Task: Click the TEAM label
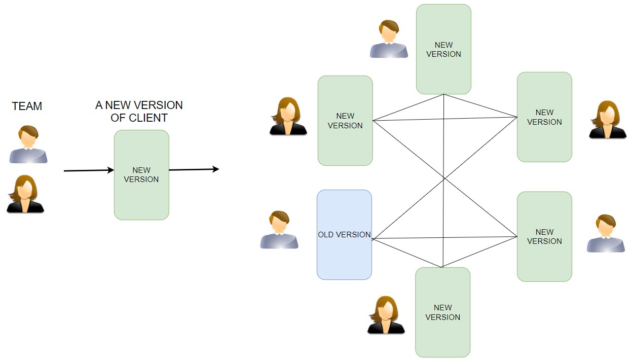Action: pos(27,106)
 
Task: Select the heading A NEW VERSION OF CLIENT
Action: pos(139,111)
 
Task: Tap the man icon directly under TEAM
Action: pos(28,145)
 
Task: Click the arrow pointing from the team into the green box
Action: pos(89,171)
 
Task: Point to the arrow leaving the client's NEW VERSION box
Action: pos(194,169)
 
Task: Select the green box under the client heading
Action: pos(141,175)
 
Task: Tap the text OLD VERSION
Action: pos(344,235)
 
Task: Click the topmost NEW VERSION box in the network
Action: pos(443,49)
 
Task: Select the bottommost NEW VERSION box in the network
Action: pos(442,312)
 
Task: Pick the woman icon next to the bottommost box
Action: pos(386,315)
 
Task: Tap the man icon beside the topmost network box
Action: pos(389,39)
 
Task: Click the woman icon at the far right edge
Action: pos(608,120)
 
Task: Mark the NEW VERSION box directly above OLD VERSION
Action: pos(345,121)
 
